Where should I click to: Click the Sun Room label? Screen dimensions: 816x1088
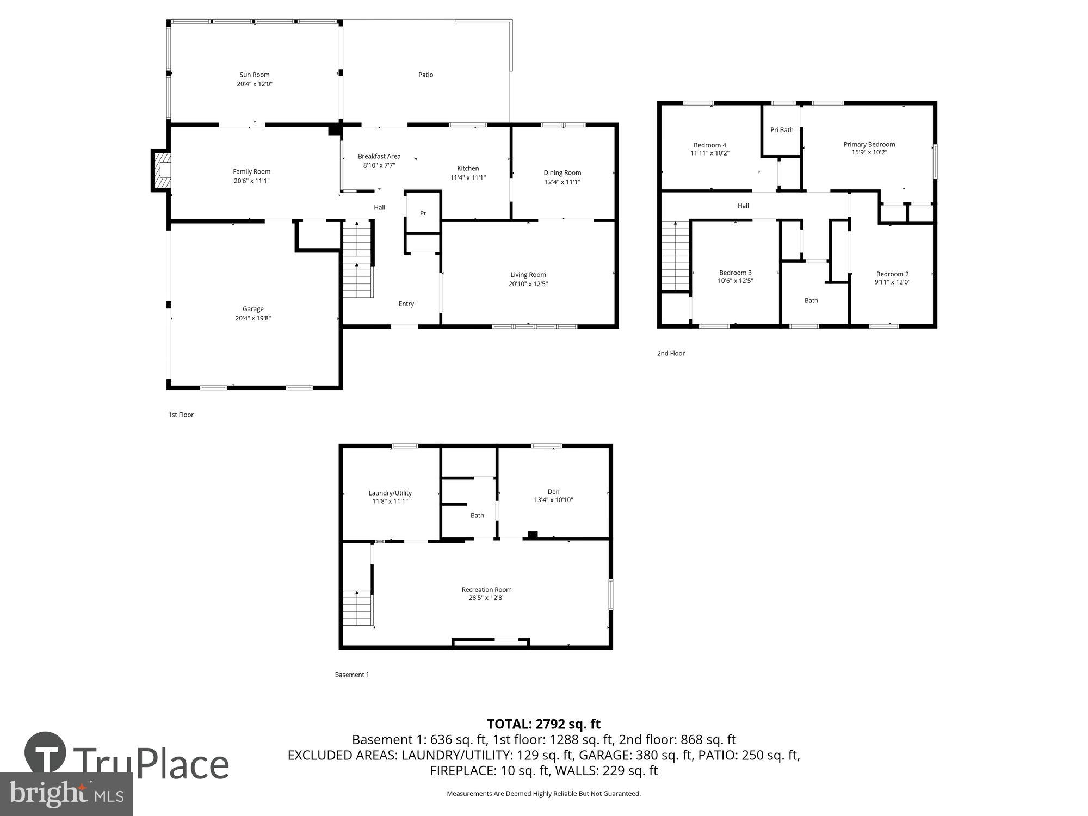click(x=255, y=75)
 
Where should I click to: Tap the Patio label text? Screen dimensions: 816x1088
click(x=425, y=75)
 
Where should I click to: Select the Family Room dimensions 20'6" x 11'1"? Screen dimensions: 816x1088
click(x=252, y=181)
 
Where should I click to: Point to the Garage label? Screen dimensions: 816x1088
click(x=253, y=309)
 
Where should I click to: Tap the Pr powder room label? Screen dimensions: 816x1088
click(x=423, y=213)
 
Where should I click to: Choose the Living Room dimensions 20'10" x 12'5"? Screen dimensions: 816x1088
click(x=528, y=284)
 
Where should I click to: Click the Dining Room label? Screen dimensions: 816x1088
click(x=562, y=172)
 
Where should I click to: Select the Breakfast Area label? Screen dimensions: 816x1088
click(x=379, y=157)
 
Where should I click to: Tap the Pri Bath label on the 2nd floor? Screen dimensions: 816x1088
click(x=782, y=130)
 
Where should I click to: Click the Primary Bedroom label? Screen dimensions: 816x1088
click(x=869, y=144)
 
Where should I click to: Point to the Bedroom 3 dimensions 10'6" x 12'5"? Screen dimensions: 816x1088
click(x=735, y=281)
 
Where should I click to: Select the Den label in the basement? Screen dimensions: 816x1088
click(x=553, y=492)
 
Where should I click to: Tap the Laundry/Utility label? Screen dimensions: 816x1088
click(x=390, y=493)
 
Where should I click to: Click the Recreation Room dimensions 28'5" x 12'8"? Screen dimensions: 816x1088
click(x=486, y=598)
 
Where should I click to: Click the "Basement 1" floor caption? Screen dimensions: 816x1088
click(x=351, y=675)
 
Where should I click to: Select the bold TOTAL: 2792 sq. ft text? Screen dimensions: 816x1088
click(x=543, y=724)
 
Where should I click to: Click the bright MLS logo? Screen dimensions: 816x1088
click(x=66, y=794)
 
